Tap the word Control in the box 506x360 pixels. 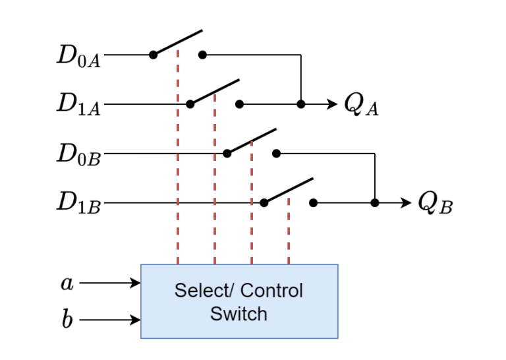271,291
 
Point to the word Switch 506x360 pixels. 239,314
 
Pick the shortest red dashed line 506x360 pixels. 289,231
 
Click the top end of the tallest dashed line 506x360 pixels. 178,50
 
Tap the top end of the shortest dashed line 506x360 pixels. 289,198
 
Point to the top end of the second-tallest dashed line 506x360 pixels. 215,95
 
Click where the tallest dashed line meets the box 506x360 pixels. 178,264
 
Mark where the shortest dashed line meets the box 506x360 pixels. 289,264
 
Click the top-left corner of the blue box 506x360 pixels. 141,265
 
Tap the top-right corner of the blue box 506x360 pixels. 337,265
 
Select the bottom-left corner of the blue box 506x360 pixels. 141,338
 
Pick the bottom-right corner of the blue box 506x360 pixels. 337,338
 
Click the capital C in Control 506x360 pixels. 247,291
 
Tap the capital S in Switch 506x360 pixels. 215,314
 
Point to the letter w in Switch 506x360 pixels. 227,315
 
